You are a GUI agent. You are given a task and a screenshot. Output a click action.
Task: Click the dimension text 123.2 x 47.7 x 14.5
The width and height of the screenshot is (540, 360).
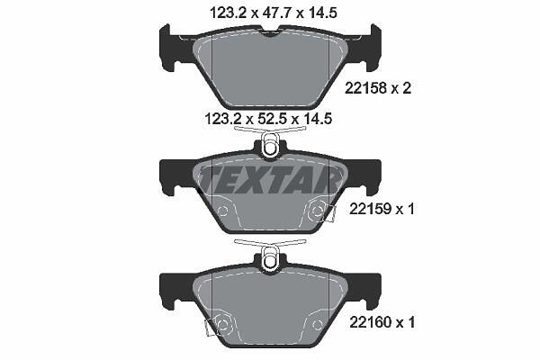274,13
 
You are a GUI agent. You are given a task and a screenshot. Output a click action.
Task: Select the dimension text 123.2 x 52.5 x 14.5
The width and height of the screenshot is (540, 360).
268,119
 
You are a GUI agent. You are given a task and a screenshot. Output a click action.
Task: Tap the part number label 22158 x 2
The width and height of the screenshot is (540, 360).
378,88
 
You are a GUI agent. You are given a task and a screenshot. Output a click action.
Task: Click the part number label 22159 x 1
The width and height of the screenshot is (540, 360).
382,209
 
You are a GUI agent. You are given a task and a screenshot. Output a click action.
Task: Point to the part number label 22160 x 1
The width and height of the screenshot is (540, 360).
382,322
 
